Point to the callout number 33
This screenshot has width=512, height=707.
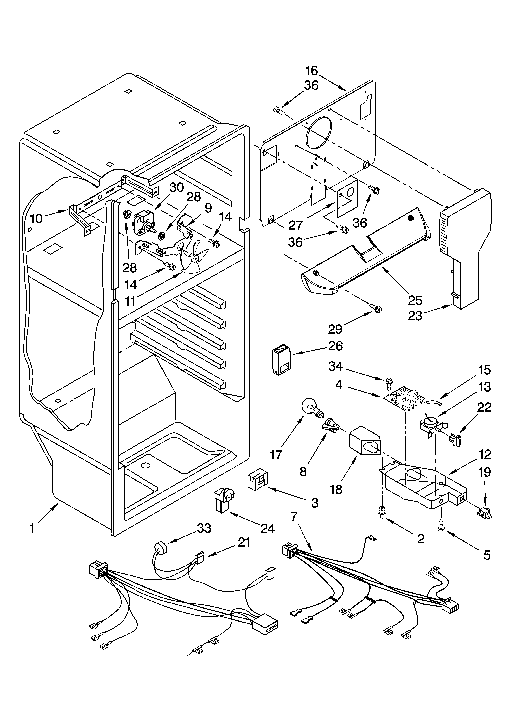[x=204, y=528]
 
